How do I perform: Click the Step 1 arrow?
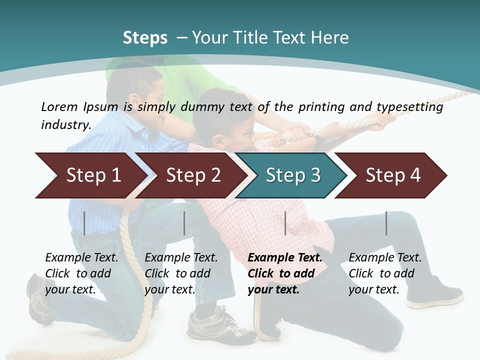(x=93, y=175)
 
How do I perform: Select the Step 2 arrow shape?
(x=193, y=175)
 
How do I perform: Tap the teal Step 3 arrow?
(x=293, y=175)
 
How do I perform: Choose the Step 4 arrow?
(x=393, y=175)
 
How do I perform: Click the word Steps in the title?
(x=145, y=38)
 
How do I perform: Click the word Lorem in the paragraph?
(x=59, y=106)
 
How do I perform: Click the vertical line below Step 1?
(x=84, y=223)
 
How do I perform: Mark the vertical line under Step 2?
(x=184, y=223)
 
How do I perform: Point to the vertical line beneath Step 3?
(x=285, y=223)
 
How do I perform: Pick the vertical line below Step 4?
(x=386, y=223)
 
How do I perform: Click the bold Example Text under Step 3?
(x=285, y=258)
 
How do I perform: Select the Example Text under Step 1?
(x=82, y=258)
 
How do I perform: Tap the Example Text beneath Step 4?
(x=385, y=258)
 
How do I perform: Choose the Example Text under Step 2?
(x=181, y=258)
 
